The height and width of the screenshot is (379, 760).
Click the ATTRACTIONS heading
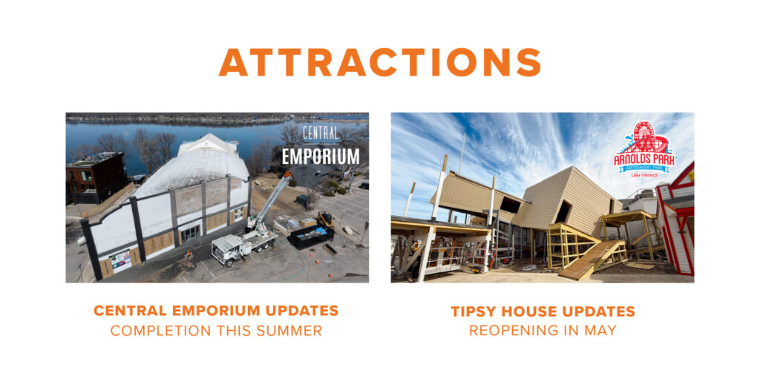(379, 62)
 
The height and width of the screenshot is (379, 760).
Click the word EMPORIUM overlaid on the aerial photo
(321, 156)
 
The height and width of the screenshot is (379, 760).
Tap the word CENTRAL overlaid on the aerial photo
(321, 133)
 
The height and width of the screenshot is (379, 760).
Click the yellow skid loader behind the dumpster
(326, 220)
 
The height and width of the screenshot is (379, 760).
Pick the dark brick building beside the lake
(96, 177)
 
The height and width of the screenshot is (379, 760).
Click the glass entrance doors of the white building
(190, 233)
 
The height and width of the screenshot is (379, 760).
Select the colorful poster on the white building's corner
(120, 259)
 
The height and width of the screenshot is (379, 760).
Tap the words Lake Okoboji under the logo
(645, 175)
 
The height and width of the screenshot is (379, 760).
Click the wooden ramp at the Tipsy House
(591, 260)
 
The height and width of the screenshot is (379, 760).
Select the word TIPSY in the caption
(474, 312)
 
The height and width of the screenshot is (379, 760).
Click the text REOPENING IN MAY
(543, 331)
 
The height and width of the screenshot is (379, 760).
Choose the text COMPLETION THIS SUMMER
(216, 331)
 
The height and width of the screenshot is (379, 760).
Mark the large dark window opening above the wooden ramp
(563, 212)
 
